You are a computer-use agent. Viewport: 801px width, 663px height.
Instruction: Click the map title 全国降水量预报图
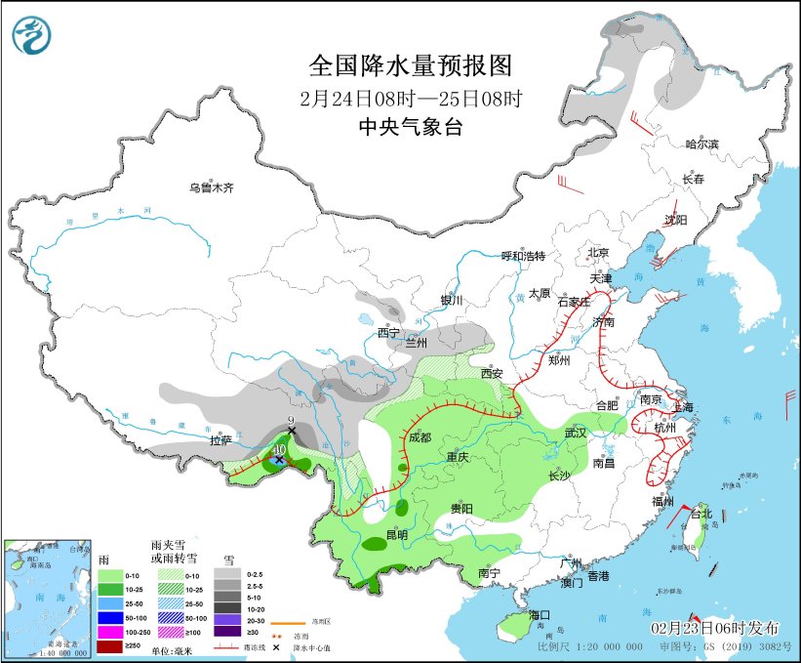[410, 65]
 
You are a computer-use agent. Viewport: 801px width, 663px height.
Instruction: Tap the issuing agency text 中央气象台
[410, 126]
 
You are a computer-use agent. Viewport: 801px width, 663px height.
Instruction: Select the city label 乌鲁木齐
[212, 187]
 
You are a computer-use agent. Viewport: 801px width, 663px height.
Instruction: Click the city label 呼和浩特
[523, 256]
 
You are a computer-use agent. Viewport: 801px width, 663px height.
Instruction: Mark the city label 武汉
[575, 433]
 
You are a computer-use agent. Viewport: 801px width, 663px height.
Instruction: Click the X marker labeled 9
[291, 431]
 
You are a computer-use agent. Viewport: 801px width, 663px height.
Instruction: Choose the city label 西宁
[389, 333]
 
